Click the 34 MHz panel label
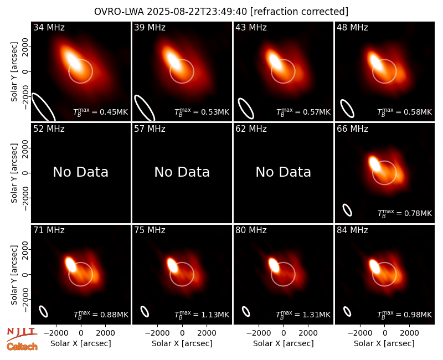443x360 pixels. (x=49, y=27)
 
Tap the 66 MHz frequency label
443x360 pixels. (x=352, y=129)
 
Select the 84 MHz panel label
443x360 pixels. (x=352, y=230)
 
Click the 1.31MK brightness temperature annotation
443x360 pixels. (x=303, y=315)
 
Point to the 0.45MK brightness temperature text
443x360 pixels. (x=101, y=112)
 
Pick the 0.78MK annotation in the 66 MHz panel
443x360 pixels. (x=405, y=213)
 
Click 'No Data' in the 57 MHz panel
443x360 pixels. (x=182, y=172)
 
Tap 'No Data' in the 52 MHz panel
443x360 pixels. (x=80, y=172)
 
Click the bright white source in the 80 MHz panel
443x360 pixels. (x=274, y=265)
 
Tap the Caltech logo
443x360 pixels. (x=22, y=347)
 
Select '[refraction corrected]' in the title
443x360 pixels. (x=300, y=12)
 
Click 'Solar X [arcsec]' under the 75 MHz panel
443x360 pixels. (x=182, y=343)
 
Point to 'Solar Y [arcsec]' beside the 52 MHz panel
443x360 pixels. (x=14, y=173)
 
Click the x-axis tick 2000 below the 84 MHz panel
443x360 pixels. (x=409, y=333)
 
